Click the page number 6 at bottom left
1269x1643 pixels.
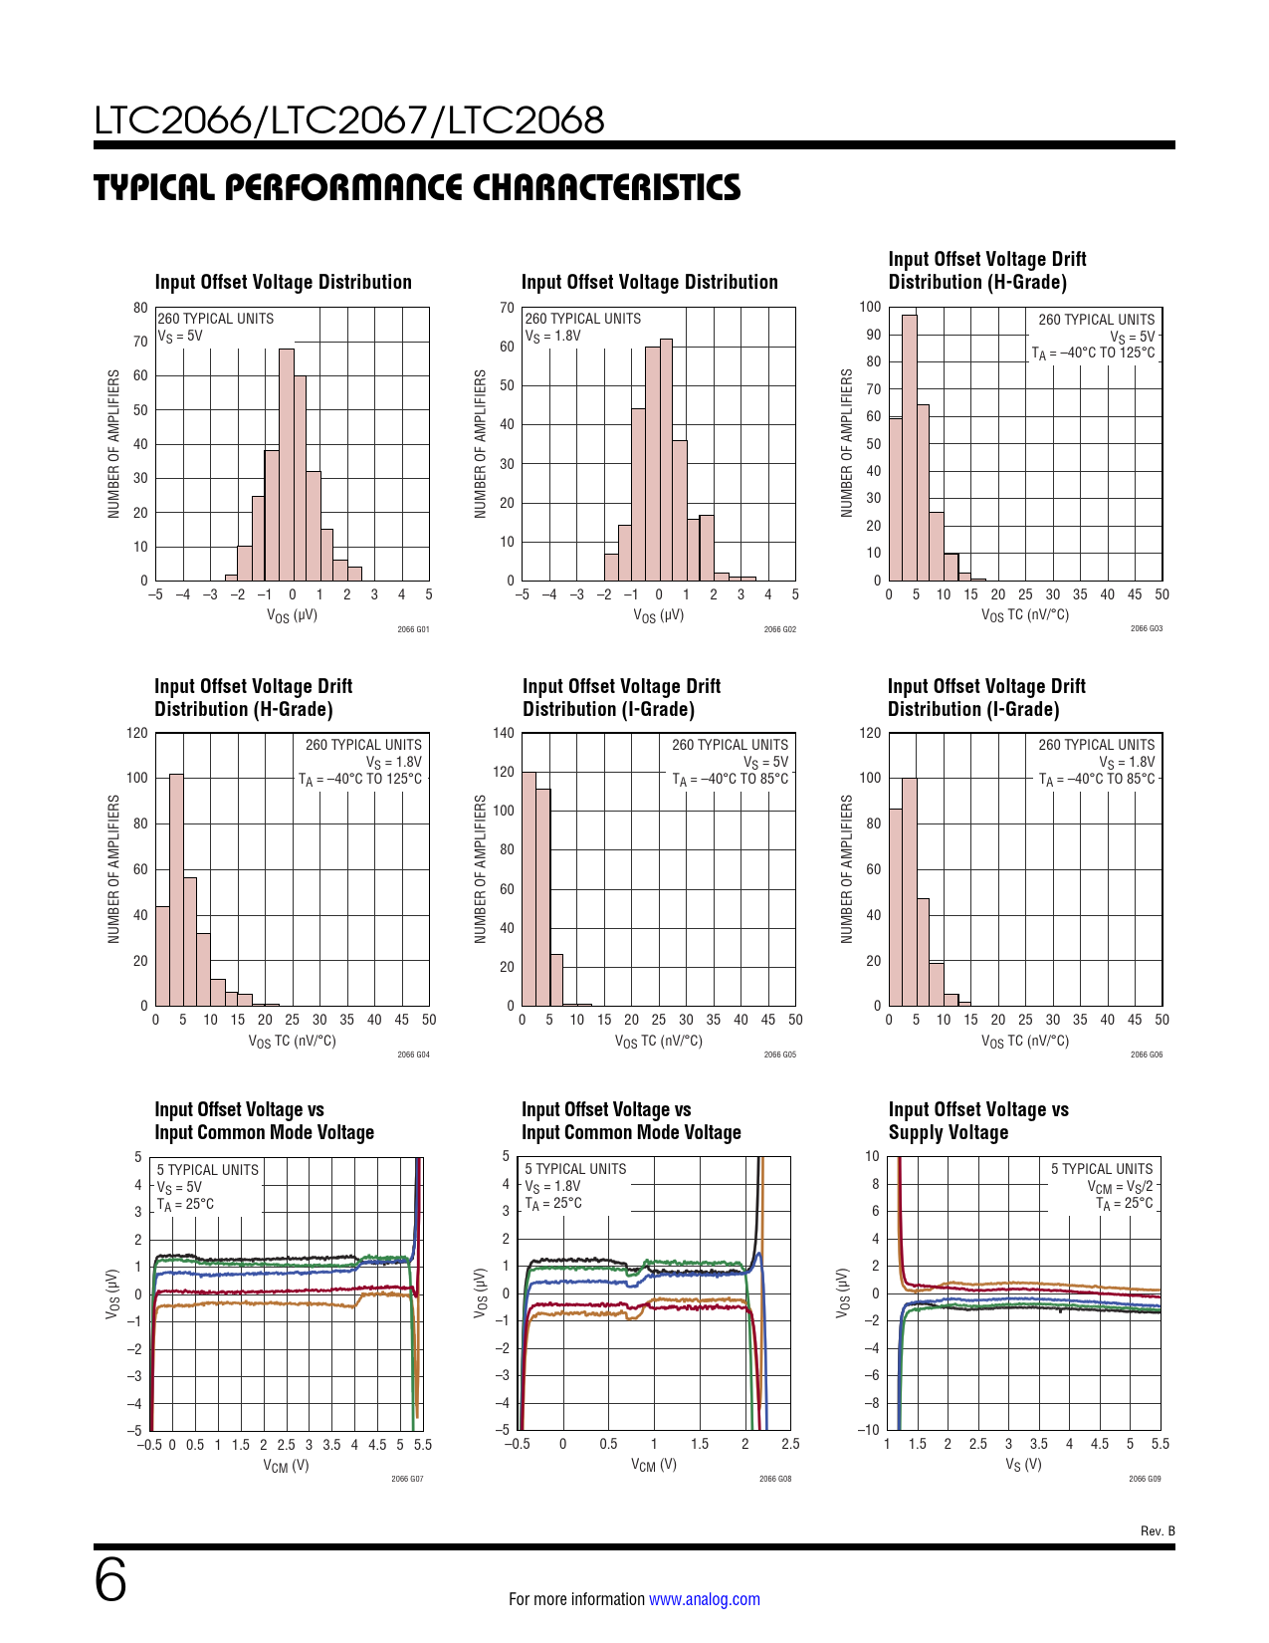pyautogui.click(x=110, y=1580)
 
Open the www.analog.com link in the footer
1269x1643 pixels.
pyautogui.click(x=704, y=1599)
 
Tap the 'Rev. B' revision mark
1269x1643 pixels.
pyautogui.click(x=1158, y=1530)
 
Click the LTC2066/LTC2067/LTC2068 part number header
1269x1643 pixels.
pyautogui.click(x=349, y=120)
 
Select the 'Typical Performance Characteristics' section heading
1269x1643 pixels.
pyautogui.click(x=417, y=187)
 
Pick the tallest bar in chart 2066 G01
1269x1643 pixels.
pyautogui.click(x=286, y=464)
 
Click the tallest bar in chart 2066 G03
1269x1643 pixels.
pyautogui.click(x=909, y=447)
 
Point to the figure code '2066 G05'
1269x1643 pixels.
pyautogui.click(x=779, y=1055)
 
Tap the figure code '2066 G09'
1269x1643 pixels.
pyautogui.click(x=1145, y=1479)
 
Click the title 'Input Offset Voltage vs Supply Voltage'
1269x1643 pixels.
pyautogui.click(x=978, y=1121)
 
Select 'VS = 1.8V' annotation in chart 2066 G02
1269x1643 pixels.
pyautogui.click(x=552, y=337)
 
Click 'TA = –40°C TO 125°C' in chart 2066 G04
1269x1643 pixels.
pyautogui.click(x=360, y=780)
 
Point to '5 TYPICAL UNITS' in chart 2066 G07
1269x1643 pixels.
pyautogui.click(x=207, y=1170)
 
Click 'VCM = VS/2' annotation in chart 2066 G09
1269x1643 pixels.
pyautogui.click(x=1120, y=1187)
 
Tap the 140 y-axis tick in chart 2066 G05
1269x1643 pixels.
pyautogui.click(x=504, y=734)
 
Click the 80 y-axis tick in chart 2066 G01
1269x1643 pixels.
pyautogui.click(x=140, y=308)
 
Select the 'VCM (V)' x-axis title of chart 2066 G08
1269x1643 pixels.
pyautogui.click(x=653, y=1465)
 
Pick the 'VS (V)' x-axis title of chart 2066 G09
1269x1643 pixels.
pyautogui.click(x=1023, y=1465)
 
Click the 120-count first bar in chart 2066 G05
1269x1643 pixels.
pyautogui.click(x=529, y=888)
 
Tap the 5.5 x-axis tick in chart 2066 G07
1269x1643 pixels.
pyautogui.click(x=423, y=1445)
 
